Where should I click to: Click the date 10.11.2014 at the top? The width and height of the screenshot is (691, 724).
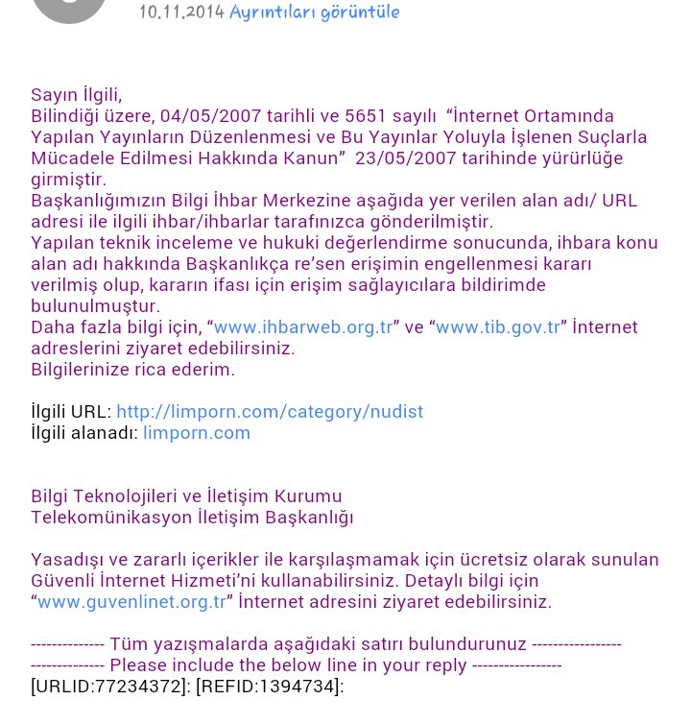point(181,12)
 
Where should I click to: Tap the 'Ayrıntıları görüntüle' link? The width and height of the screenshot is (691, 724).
point(315,12)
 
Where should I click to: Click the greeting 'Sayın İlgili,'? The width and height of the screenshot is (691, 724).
point(77,95)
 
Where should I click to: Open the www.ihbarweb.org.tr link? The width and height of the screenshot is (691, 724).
point(303,327)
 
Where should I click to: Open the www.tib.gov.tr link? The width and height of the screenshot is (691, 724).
point(497,327)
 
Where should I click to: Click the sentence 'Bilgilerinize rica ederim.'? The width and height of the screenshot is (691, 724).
point(132,370)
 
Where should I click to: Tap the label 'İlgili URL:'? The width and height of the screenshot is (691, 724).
point(71,412)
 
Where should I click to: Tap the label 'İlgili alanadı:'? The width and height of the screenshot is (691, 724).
point(84,433)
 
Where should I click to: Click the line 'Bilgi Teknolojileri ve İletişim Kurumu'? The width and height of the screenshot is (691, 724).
point(186,496)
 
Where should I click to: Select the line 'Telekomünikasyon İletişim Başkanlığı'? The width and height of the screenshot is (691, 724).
point(192,518)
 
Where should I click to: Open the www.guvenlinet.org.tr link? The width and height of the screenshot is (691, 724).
point(132,602)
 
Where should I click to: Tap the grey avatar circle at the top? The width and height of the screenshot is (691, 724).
point(69,8)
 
